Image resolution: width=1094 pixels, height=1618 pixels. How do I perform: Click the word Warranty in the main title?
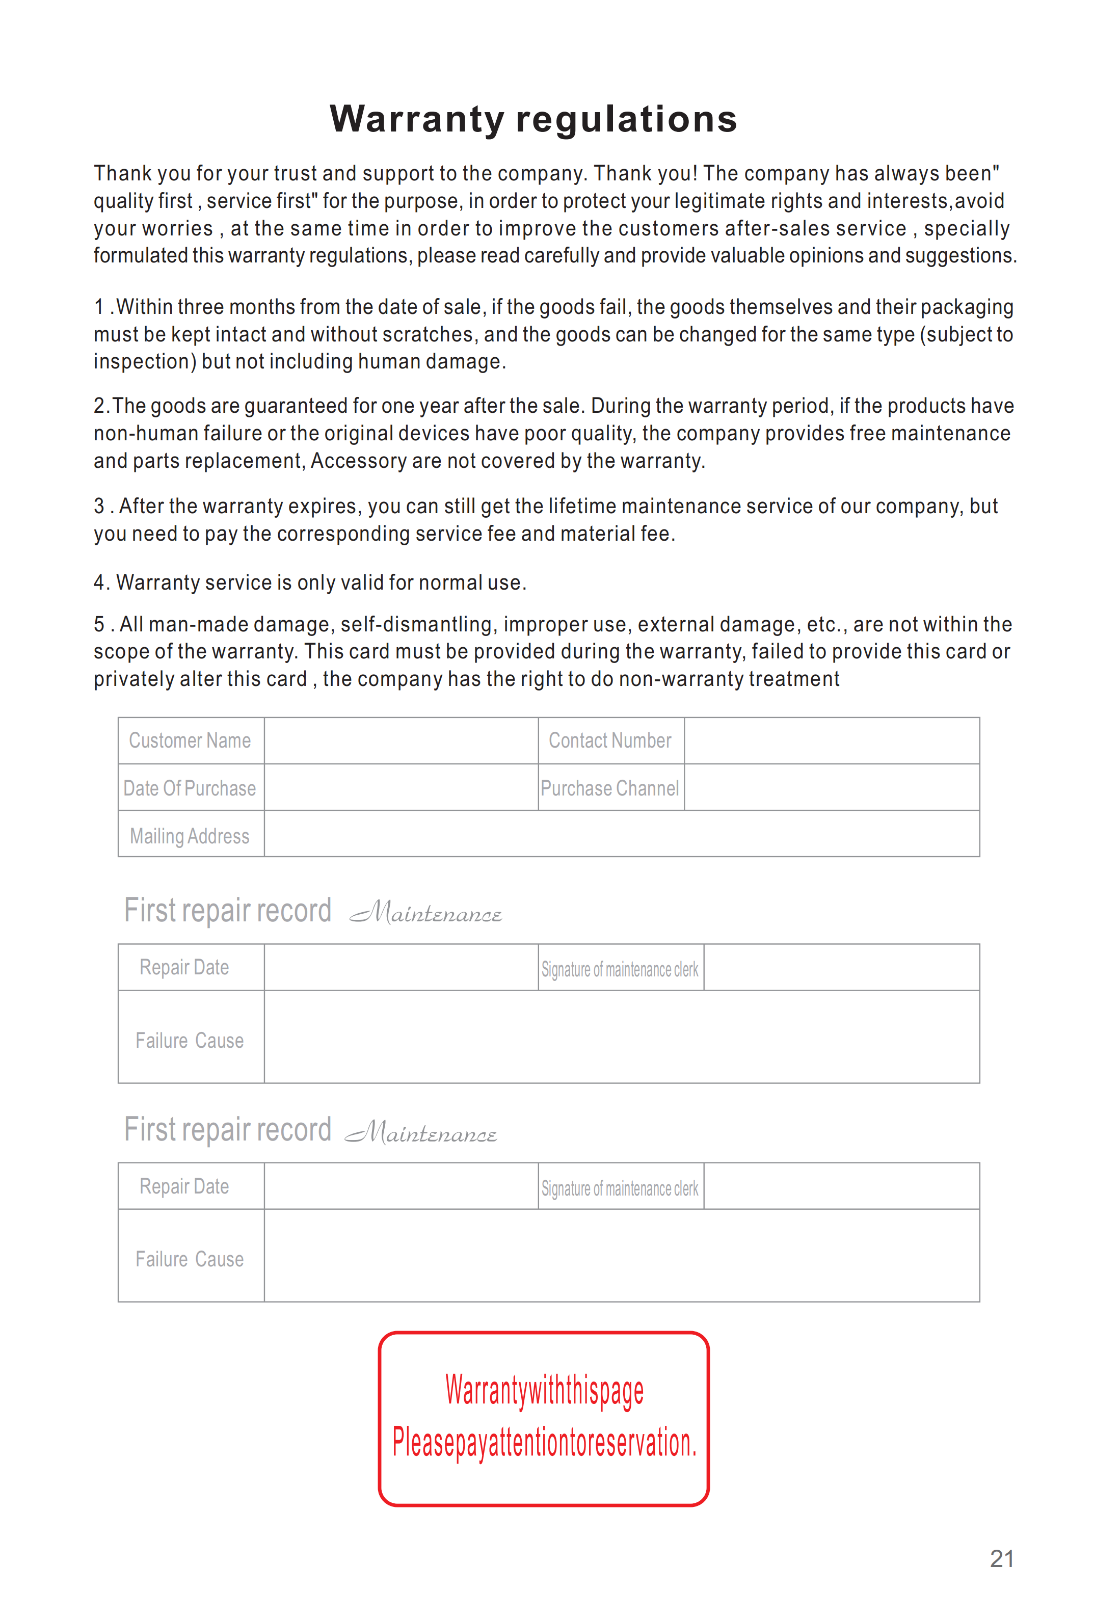point(417,119)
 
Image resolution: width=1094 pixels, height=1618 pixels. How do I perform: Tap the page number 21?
point(1001,1559)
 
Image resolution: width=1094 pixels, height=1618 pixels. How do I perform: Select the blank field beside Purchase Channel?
point(832,787)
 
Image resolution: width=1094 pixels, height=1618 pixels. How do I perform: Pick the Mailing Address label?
point(190,835)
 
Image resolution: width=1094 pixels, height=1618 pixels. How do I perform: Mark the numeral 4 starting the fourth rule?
point(99,582)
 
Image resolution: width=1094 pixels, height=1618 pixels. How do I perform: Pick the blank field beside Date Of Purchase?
point(401,787)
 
